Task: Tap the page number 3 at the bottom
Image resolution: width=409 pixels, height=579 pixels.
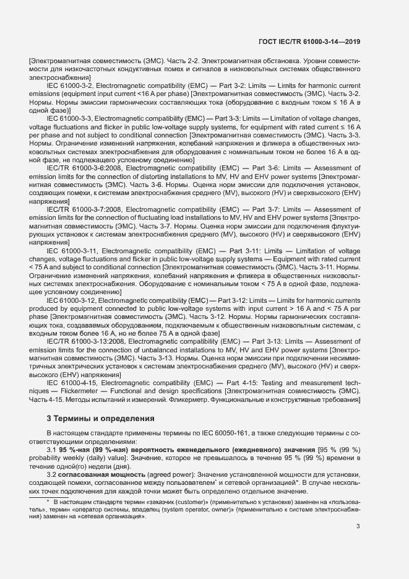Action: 358,526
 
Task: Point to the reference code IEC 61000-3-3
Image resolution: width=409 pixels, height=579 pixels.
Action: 69,117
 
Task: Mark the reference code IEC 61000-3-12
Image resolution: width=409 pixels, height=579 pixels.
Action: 71,300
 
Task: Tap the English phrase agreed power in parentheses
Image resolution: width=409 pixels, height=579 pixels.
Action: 160,474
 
